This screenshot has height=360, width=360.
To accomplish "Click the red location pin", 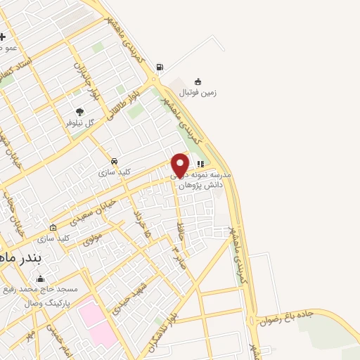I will [x=180, y=165].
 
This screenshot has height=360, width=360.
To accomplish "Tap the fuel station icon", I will [x=160, y=67].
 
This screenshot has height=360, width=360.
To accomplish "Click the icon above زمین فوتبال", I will [x=199, y=81].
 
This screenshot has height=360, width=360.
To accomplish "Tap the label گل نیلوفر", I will [x=80, y=122].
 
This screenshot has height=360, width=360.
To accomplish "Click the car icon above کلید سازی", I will [x=115, y=160].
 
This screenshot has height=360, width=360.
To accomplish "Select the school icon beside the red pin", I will [x=200, y=164].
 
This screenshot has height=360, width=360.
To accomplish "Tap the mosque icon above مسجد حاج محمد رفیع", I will [x=39, y=279].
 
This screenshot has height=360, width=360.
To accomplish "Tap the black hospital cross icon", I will [x=3, y=37].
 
